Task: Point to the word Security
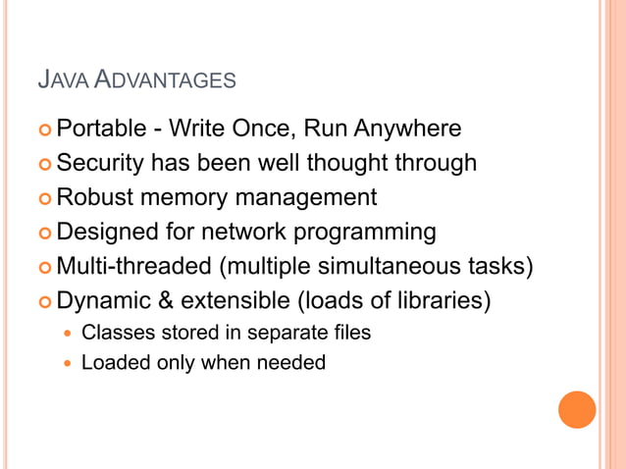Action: [x=101, y=163]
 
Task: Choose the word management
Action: [x=305, y=198]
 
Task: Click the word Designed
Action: [x=104, y=233]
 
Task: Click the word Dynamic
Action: [x=101, y=300]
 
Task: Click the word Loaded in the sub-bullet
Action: [x=111, y=363]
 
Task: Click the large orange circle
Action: [x=577, y=409]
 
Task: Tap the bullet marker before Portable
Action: [x=44, y=130]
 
